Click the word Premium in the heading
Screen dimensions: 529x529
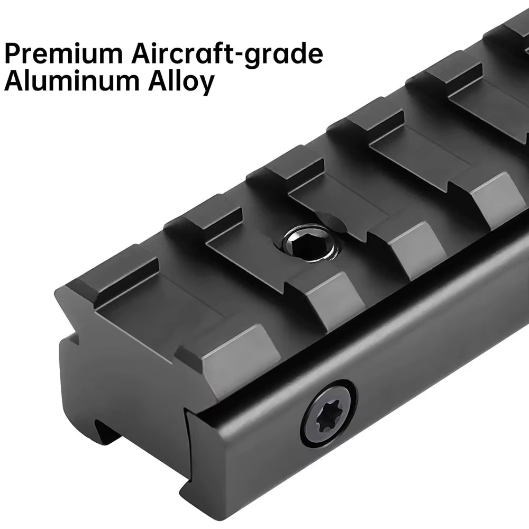[63, 53]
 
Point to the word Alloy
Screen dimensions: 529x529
[181, 83]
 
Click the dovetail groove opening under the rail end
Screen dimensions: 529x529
[107, 435]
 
